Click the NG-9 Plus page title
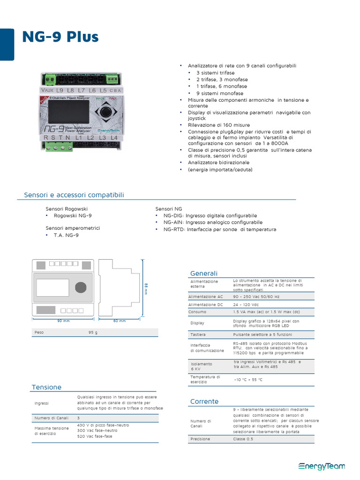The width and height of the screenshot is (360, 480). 60,37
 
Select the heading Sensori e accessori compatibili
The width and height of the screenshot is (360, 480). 74,195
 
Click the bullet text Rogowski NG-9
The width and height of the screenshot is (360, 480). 73,216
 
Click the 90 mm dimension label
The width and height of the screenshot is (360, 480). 63,321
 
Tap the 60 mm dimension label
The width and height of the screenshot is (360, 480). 120,321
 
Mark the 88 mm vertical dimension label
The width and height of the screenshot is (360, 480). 146,289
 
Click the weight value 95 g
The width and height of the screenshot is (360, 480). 93,332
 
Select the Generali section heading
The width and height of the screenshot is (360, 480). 204,273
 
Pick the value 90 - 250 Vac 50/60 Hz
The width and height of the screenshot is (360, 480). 256,297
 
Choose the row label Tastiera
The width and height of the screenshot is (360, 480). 198,335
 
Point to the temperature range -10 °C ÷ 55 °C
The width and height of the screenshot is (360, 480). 248,380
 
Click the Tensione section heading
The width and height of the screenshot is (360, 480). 46,387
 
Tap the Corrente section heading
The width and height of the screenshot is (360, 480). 204,402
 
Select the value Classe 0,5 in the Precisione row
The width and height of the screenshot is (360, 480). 243,439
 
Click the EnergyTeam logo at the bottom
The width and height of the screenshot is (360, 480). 322,466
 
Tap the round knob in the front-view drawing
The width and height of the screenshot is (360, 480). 81,287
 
